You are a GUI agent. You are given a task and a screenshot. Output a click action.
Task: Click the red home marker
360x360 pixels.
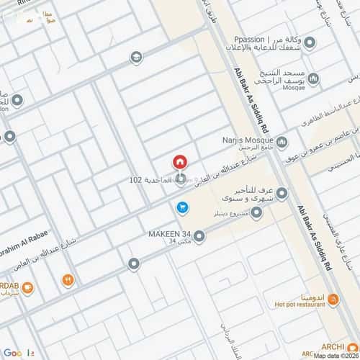[x=180, y=163]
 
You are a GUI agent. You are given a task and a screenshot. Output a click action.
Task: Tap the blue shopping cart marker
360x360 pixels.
[x=183, y=207]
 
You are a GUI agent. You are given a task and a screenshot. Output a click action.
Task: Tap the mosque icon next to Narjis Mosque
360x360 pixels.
[x=282, y=141]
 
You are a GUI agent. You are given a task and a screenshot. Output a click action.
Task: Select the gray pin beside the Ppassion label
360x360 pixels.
[x=310, y=43]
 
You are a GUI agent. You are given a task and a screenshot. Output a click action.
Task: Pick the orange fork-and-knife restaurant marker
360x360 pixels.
[x=68, y=279]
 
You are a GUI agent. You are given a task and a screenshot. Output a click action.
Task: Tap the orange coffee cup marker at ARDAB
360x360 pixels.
[x=27, y=289]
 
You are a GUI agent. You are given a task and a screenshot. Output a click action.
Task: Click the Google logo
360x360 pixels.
[x=14, y=353]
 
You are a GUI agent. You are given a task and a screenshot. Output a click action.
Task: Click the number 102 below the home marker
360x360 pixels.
[x=139, y=179]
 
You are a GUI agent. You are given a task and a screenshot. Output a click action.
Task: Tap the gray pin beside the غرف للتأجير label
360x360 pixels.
[x=282, y=193]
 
